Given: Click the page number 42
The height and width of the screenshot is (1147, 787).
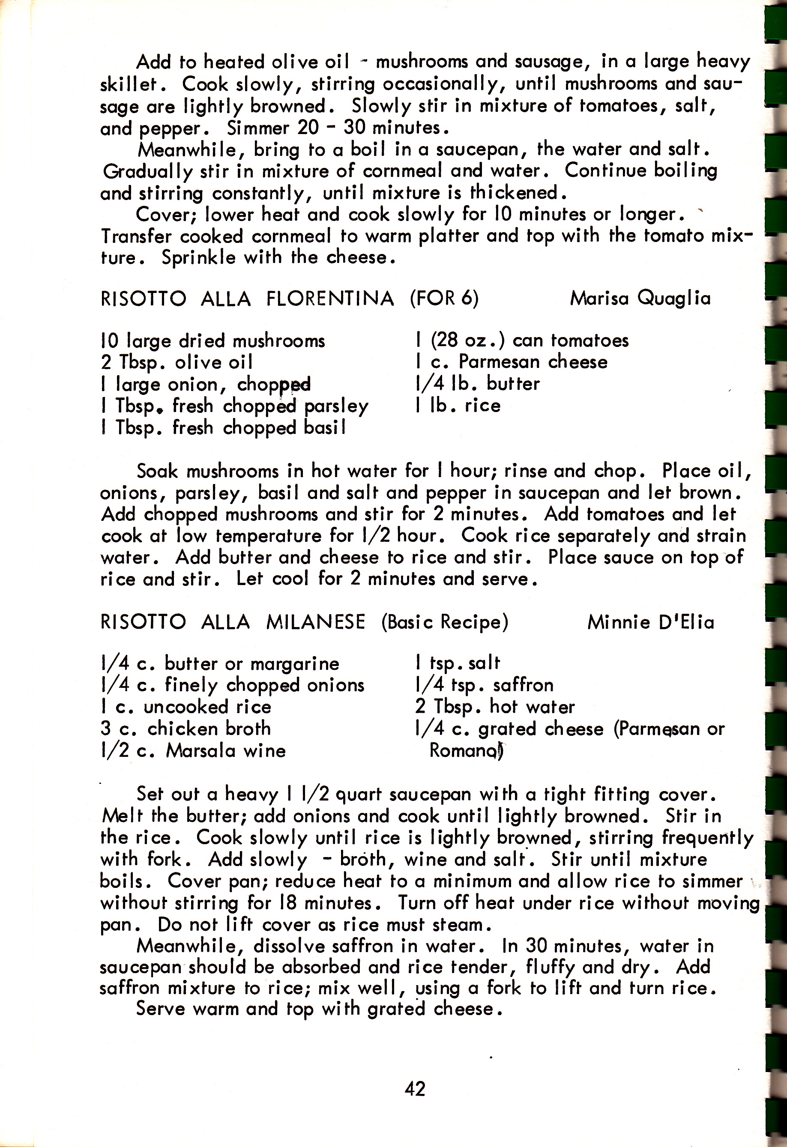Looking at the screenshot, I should (415, 1088).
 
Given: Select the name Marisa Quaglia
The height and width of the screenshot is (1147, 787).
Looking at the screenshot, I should (640, 298).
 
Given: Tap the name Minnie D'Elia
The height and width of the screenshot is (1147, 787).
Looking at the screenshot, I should (650, 622).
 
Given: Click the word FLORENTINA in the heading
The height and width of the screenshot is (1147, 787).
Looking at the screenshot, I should (330, 299).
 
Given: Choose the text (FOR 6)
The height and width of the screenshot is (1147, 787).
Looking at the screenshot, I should (444, 298).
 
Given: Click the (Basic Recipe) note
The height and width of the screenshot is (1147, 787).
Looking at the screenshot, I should (444, 622).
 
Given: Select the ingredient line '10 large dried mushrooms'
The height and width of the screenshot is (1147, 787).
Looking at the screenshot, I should (213, 341).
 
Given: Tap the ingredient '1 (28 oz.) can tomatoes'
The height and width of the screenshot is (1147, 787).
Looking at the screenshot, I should (522, 340).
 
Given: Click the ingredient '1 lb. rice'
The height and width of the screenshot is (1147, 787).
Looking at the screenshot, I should (458, 405).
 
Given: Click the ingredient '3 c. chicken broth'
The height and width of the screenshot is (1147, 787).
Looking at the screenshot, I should (186, 729).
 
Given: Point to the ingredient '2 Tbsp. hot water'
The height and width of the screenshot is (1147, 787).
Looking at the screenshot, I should (495, 706).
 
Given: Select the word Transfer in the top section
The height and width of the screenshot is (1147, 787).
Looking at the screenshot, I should (136, 236).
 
